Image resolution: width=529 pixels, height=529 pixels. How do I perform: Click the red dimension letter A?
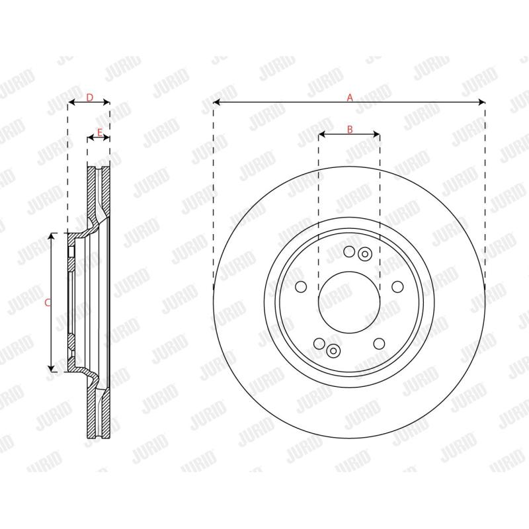pyautogui.click(x=350, y=97)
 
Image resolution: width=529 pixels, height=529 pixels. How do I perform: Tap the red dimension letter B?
pyautogui.click(x=350, y=129)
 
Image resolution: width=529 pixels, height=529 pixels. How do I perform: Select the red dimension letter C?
pyautogui.click(x=48, y=303)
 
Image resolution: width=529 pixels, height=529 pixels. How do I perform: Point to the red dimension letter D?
pyautogui.click(x=89, y=97)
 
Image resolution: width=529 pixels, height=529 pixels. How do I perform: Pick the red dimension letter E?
pyautogui.click(x=100, y=133)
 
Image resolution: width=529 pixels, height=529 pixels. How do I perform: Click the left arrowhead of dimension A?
pyautogui.click(x=217, y=102)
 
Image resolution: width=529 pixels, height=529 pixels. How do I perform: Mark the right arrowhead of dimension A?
pyautogui.click(x=481, y=102)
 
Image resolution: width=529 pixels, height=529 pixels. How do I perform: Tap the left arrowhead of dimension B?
pyautogui.click(x=322, y=134)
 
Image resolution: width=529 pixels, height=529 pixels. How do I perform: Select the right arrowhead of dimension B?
pyautogui.click(x=376, y=134)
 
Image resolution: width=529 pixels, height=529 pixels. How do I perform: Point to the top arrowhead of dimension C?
pyautogui.click(x=51, y=236)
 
